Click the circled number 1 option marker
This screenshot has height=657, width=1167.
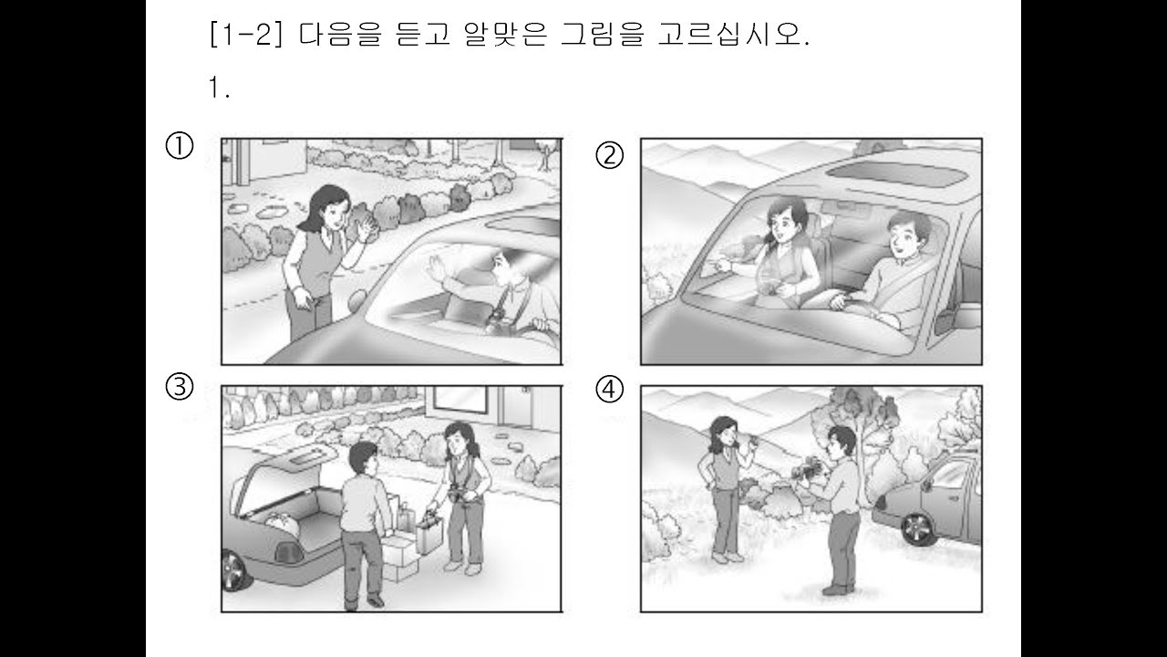(x=180, y=145)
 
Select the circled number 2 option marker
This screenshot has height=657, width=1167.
(x=609, y=155)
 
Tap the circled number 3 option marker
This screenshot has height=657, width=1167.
(x=180, y=387)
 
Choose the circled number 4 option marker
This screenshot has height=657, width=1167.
(x=609, y=390)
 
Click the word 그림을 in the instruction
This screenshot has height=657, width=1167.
(x=603, y=35)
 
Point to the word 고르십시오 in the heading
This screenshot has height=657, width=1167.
(x=734, y=35)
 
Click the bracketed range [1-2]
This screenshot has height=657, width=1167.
(x=246, y=35)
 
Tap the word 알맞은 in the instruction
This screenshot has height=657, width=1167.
(x=505, y=35)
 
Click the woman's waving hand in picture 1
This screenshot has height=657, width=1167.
(x=367, y=228)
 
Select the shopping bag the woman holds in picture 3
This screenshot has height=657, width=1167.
(x=429, y=533)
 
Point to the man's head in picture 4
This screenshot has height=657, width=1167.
(x=842, y=442)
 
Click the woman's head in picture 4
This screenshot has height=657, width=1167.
(x=723, y=430)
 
